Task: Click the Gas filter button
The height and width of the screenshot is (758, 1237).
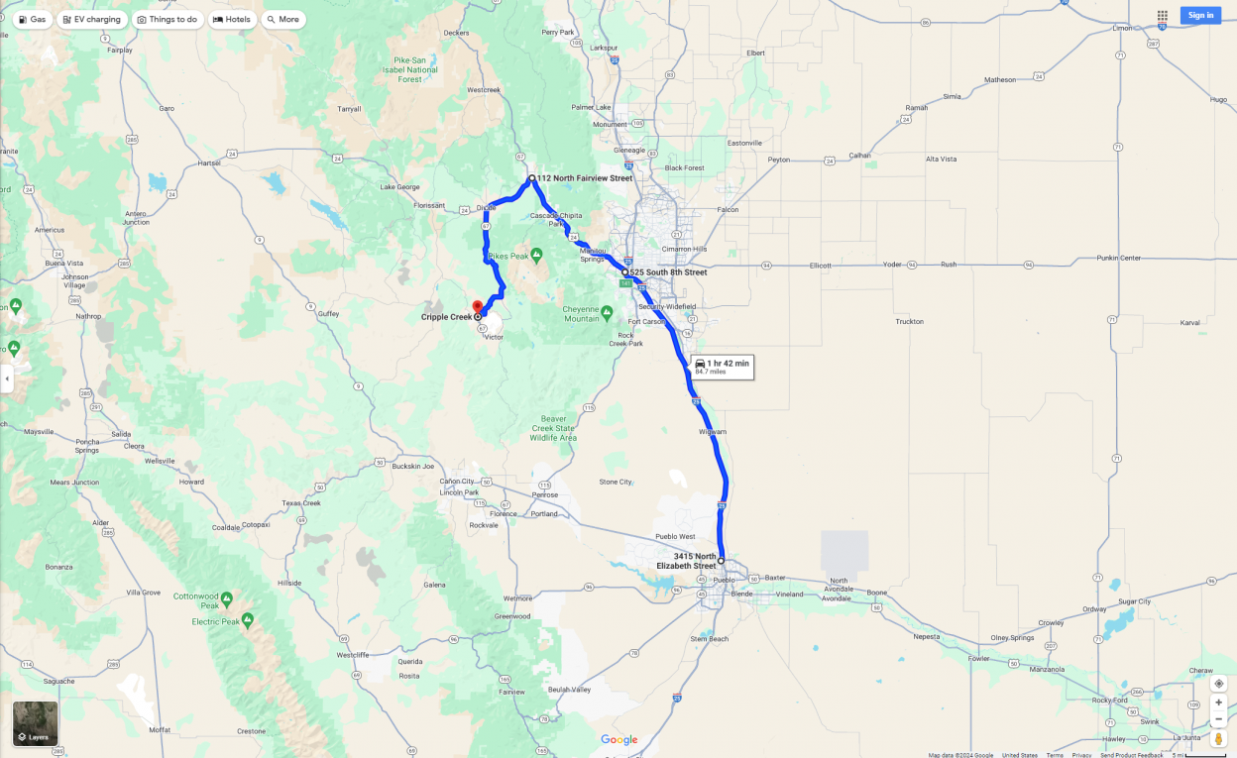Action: coord(32,20)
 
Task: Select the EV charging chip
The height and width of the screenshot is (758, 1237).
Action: coord(91,20)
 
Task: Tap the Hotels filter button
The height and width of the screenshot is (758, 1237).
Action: coord(231,20)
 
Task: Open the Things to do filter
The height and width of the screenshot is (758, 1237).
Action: coord(168,20)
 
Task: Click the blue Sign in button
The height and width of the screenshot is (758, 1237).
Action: coord(1200,15)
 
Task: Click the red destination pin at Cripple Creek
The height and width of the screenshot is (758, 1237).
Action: coord(477,307)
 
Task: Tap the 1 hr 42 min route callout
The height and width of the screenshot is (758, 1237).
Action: coord(723,367)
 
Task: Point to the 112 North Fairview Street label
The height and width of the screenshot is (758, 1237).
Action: coord(584,178)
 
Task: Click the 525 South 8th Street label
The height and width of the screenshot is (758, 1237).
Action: coord(668,272)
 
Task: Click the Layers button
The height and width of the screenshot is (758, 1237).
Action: coord(35,723)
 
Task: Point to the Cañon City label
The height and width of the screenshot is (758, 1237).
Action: coord(458,482)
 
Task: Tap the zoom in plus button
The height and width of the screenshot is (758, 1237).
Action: coord(1218,702)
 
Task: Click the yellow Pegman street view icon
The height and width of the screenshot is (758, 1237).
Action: coord(1218,739)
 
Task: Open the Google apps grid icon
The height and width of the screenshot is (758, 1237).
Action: coord(1162,16)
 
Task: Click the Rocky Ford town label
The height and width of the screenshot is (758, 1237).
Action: coord(1109,700)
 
